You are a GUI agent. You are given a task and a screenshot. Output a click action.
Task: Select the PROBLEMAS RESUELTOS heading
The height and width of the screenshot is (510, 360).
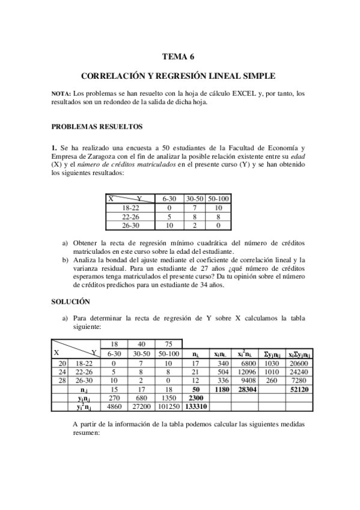tap(96, 127)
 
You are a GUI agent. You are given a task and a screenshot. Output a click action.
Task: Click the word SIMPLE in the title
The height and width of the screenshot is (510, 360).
tap(258, 77)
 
